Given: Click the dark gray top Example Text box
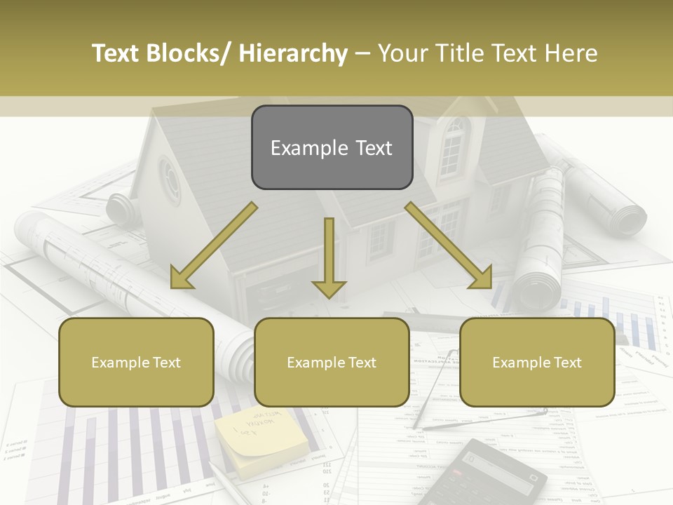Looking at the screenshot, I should pos(332,148).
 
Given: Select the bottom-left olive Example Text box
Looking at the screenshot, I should pos(136,362).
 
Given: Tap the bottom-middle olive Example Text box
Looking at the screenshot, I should pos(332,362).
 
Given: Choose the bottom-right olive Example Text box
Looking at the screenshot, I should pos(537,362).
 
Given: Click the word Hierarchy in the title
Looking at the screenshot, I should pos(293,54).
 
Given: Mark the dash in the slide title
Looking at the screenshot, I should pos(362,54).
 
